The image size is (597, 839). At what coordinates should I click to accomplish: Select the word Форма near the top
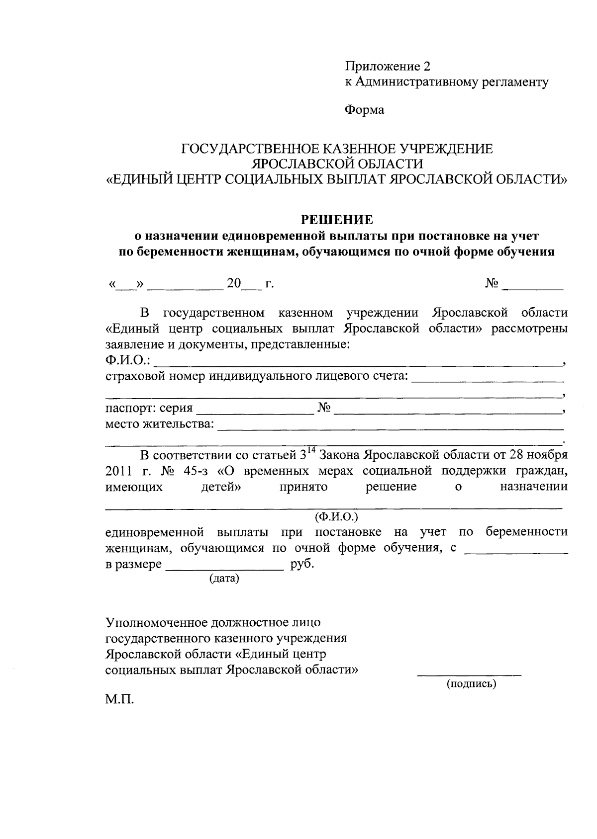[x=365, y=110]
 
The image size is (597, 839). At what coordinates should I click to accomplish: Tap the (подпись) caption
[x=471, y=684]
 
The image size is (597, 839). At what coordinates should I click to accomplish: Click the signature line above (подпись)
[x=469, y=675]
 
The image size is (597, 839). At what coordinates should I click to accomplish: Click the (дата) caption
[x=224, y=579]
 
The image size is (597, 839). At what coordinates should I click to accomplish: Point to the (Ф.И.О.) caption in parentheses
[x=336, y=516]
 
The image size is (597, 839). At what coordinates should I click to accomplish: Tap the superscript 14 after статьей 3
[x=311, y=450]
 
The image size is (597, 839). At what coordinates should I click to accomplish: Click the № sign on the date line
[x=492, y=284]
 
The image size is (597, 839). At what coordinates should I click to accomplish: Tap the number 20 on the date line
[x=233, y=284]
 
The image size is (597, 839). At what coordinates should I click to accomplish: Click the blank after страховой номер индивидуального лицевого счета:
[x=487, y=380]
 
